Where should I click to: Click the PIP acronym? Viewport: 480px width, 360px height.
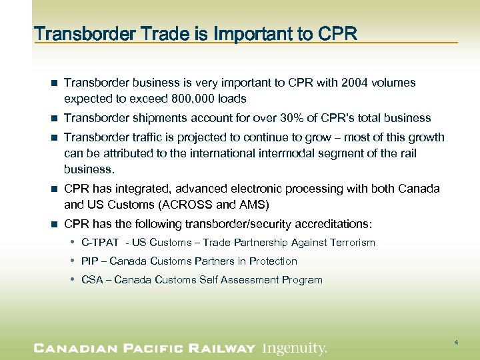tap(89, 261)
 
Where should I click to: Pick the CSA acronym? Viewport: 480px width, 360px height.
tap(92, 280)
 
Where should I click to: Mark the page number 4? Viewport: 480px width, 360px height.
tap(456, 342)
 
